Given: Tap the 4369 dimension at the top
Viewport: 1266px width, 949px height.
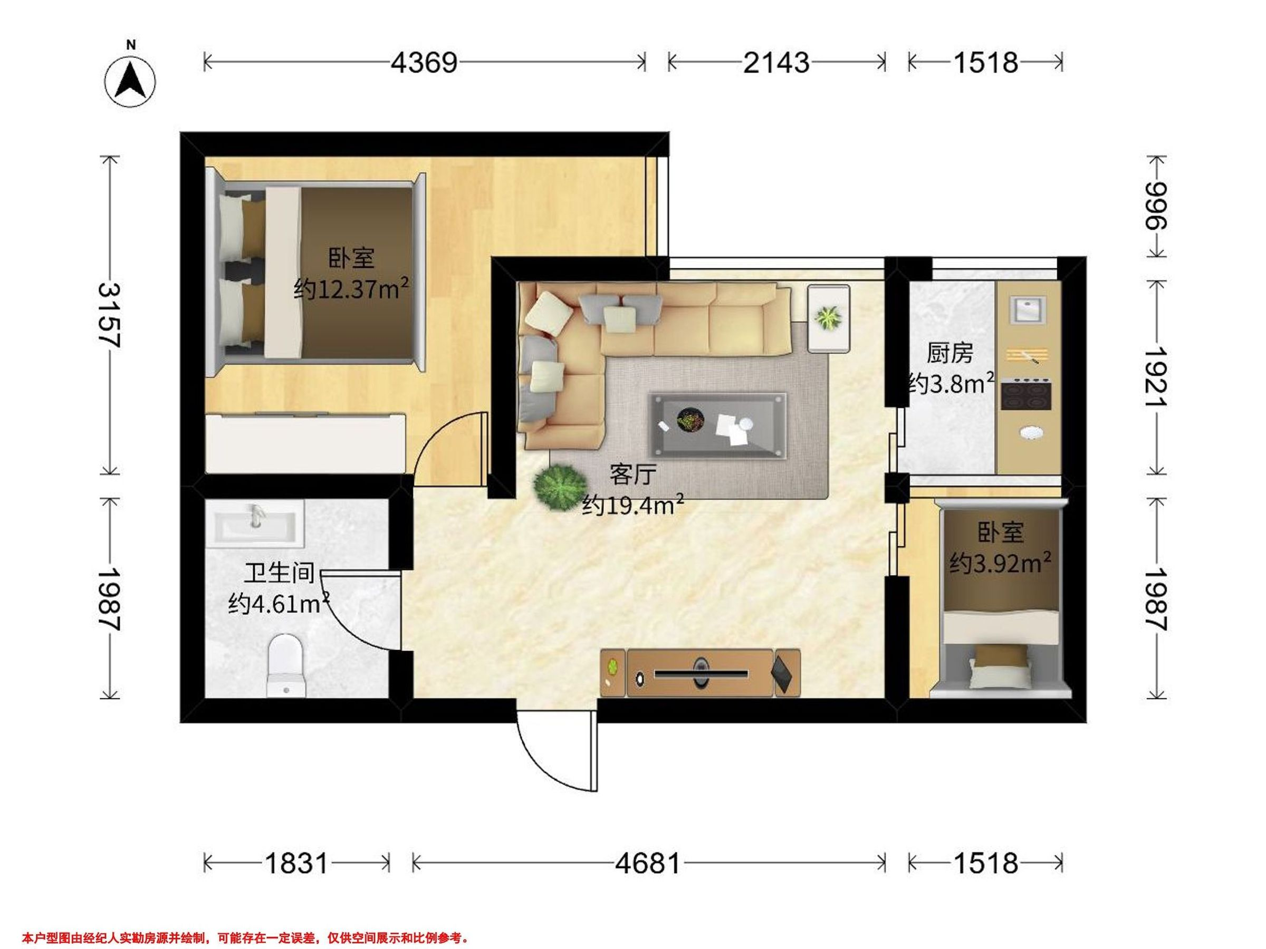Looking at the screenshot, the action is point(424,62).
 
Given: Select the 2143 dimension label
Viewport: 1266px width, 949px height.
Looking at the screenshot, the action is point(776,62).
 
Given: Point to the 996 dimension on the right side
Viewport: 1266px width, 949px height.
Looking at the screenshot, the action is point(1156,206).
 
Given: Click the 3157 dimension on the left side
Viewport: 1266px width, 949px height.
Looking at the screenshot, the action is point(108,315).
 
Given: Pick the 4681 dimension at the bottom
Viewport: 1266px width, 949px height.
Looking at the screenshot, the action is point(648,863).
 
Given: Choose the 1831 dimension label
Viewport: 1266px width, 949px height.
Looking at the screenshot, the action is point(296,863).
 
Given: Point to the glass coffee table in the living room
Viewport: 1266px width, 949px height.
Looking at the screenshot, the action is point(717,425).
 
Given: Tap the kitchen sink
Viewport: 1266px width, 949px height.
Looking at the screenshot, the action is point(1028,311).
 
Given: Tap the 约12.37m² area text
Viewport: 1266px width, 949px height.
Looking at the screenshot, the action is point(351,289).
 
